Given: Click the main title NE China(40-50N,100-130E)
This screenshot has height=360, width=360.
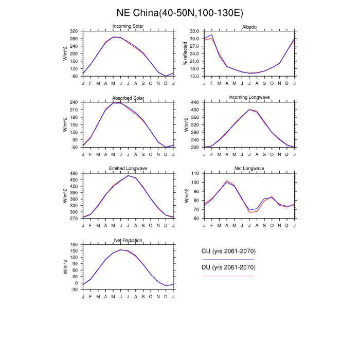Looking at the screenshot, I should (x=180, y=12).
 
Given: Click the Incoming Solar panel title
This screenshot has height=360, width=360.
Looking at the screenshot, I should (x=128, y=27).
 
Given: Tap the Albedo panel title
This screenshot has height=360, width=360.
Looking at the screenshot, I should (x=249, y=27).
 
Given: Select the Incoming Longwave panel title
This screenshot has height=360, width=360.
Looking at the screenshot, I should (x=249, y=98).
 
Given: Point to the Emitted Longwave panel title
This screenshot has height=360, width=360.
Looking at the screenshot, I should (x=128, y=169).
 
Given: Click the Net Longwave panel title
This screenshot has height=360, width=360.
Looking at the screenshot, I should (x=249, y=169).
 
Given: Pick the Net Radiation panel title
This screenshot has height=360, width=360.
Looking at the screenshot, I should (x=128, y=240).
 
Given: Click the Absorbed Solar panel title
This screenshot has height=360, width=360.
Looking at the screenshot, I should (x=128, y=98).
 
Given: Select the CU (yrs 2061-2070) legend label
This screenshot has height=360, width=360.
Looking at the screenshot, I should (x=228, y=251).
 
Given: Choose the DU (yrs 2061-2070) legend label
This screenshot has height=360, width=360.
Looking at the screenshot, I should (x=228, y=267).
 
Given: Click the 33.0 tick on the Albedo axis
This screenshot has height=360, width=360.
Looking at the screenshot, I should (x=194, y=31).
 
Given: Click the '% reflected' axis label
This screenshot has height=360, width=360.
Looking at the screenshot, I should (x=185, y=54).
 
